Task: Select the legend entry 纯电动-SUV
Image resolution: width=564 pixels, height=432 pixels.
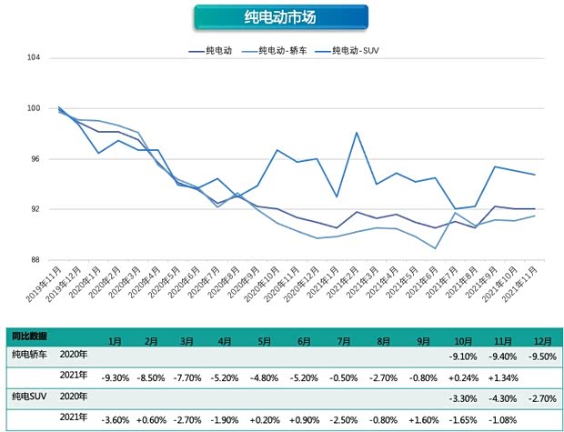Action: pos(355,50)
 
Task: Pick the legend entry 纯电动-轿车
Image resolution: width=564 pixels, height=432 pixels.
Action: pos(279,50)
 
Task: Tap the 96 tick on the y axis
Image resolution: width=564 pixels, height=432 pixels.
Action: pos(35,159)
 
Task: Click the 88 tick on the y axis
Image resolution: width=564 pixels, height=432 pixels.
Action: pos(35,260)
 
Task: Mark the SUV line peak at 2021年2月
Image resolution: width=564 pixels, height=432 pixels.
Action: pos(357,133)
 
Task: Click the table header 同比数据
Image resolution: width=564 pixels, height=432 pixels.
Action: pos(29,336)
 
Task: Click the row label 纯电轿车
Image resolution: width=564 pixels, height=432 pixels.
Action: pos(28,353)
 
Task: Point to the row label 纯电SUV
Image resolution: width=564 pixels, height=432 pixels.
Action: pos(28,396)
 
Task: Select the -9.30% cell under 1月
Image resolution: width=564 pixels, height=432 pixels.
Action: pos(115,376)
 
